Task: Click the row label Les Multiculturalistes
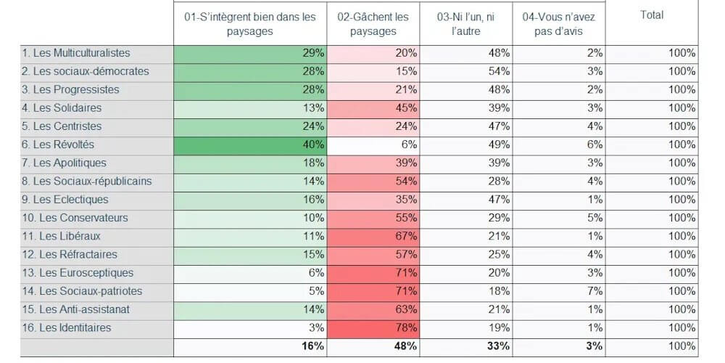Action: tap(76, 53)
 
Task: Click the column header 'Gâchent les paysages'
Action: tap(373, 24)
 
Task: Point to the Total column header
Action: tap(652, 15)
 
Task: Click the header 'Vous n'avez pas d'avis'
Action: tap(558, 24)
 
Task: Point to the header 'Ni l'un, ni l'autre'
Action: tap(466, 24)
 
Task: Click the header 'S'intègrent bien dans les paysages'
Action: tap(250, 24)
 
